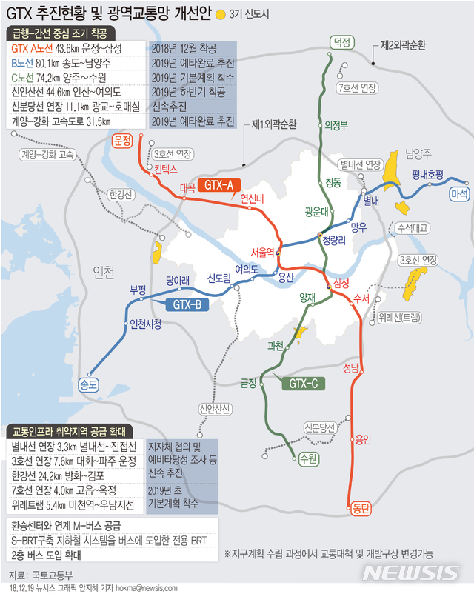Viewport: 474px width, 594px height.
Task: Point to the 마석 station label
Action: click(x=459, y=194)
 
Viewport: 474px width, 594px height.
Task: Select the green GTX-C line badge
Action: click(x=302, y=383)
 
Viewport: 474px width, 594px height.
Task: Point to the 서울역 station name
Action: click(x=264, y=251)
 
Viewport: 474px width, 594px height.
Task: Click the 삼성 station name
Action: click(x=341, y=285)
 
